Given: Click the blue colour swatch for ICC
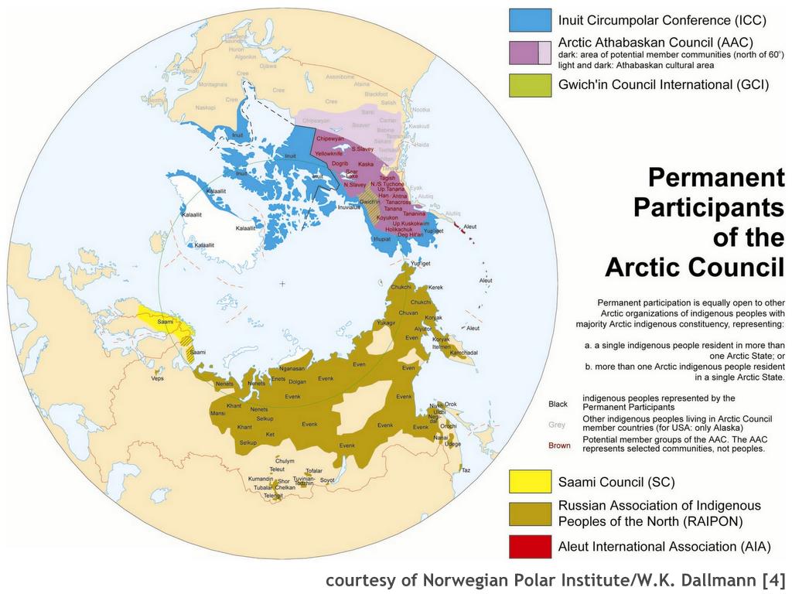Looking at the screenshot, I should (530, 20).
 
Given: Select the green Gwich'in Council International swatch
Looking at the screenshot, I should (530, 85).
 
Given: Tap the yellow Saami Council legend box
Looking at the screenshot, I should (530, 482).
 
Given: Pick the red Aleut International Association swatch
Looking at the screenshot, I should (530, 546).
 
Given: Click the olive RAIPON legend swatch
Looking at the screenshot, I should (530, 514).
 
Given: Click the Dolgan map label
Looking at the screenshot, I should (298, 382).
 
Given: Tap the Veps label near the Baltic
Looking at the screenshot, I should (158, 378).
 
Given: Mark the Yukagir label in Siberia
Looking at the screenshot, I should (387, 322).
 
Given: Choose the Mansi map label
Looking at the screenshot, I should (218, 414).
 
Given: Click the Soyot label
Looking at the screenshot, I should (327, 480).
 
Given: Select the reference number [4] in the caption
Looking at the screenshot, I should (773, 579).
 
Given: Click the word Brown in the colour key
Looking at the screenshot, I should (559, 445).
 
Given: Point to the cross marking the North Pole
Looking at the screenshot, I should (282, 285).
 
